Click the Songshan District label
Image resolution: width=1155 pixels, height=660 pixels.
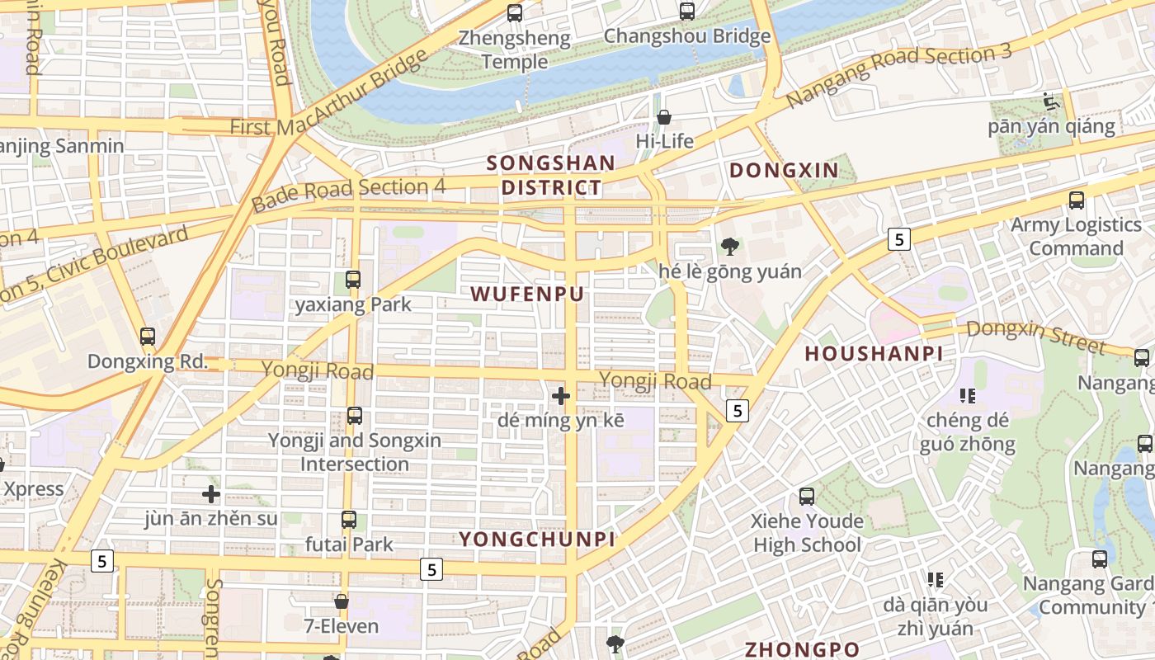pos(550,175)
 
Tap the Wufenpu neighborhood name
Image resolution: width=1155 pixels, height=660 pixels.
pos(527,294)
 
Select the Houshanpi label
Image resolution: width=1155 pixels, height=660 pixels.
pos(873,354)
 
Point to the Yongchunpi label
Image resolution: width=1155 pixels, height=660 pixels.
pos(537,540)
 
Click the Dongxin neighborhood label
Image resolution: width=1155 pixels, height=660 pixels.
pos(784,171)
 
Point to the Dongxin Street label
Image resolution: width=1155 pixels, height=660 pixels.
pos(1035,336)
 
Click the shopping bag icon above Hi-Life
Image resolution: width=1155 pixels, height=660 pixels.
pos(664,117)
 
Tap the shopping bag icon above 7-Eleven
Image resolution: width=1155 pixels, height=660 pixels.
pos(342,601)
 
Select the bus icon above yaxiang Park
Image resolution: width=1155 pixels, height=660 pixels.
pos(353,279)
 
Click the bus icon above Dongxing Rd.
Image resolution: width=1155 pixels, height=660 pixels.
pos(148,337)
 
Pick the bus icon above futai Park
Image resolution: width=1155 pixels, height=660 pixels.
pos(349,520)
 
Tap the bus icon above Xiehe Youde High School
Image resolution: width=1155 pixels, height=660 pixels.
pos(807,497)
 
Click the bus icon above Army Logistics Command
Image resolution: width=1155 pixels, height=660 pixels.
pos(1076,200)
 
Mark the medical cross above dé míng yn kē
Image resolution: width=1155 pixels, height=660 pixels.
pos(561,396)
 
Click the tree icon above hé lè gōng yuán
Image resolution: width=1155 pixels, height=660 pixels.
pos(729,246)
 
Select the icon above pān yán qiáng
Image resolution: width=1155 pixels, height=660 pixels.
pos(1051,102)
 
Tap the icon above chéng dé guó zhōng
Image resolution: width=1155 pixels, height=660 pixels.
pos(969,396)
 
